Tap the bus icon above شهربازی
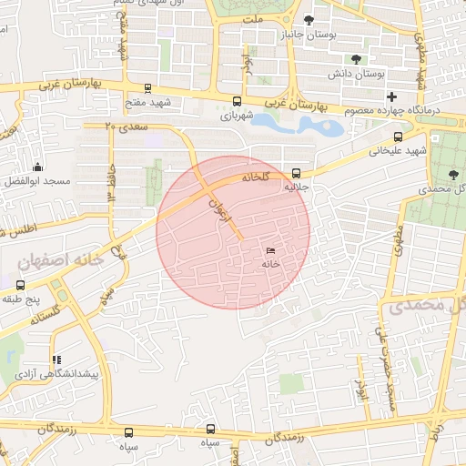pos(238,102)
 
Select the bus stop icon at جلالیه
pos(297,173)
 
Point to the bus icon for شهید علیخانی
pos(396,137)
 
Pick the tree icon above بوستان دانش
pos(356,59)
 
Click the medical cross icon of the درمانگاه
pos(392,96)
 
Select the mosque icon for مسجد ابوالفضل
pos(37,167)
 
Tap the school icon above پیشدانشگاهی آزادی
pos(56,360)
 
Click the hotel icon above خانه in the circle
pos(269,250)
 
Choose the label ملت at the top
pos(256,18)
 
